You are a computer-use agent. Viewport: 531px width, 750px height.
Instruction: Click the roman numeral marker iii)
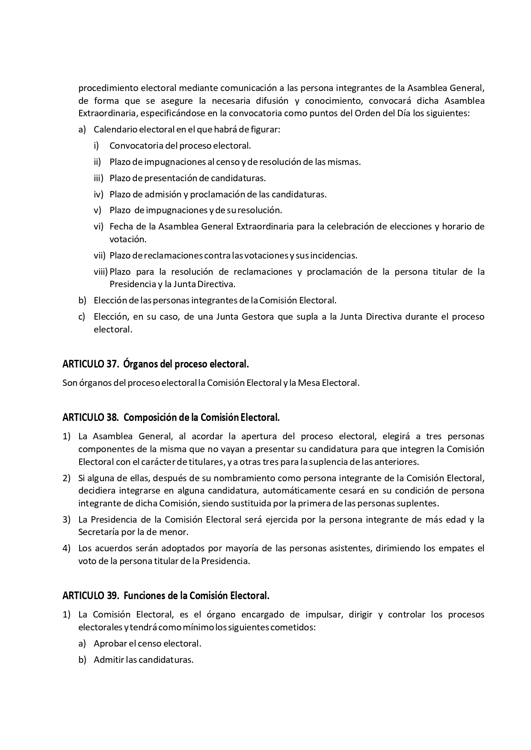point(99,178)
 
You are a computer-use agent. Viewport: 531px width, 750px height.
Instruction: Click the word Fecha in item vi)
point(120,226)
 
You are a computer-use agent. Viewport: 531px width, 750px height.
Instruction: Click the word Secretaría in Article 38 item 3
point(98,532)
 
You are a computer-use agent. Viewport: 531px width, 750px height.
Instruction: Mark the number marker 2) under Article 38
point(66,477)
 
